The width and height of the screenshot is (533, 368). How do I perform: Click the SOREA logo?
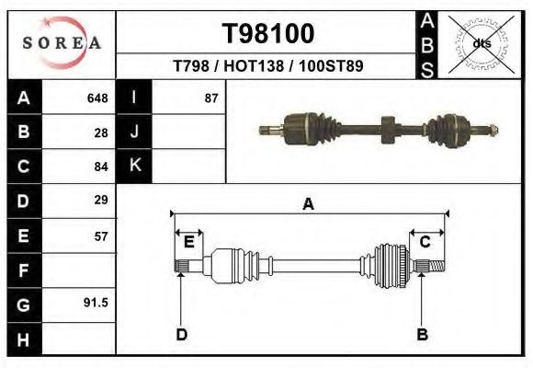point(61,43)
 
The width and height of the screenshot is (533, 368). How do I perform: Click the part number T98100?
point(268,34)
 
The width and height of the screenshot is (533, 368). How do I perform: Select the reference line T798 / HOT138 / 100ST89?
point(267,67)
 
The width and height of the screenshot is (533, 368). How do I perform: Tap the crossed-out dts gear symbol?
point(482,44)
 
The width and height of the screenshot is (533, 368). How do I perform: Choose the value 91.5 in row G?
point(96,302)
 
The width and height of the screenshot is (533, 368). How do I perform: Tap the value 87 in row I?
point(211,98)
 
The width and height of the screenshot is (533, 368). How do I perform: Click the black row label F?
point(24,270)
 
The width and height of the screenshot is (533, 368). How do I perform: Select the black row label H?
point(24,338)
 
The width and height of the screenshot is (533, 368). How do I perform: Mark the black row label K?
point(134,166)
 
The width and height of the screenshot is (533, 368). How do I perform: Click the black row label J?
point(134,132)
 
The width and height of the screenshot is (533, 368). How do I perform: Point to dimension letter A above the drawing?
point(309,204)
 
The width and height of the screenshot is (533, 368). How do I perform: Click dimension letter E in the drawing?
point(189,242)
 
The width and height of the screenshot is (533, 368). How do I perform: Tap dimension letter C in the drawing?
point(425,242)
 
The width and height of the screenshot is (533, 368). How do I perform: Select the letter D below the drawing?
point(182,334)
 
